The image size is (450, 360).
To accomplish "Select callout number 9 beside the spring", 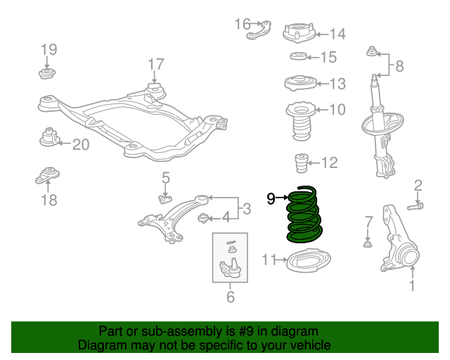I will (271, 199).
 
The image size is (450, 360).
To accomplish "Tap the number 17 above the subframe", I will (155, 65).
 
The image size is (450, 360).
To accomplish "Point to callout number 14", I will (337, 33).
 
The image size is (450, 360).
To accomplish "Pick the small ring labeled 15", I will (298, 57).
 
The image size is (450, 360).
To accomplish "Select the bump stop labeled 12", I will (300, 164).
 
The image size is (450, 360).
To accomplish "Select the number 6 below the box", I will (230, 297).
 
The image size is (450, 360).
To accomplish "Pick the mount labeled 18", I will (49, 176).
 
